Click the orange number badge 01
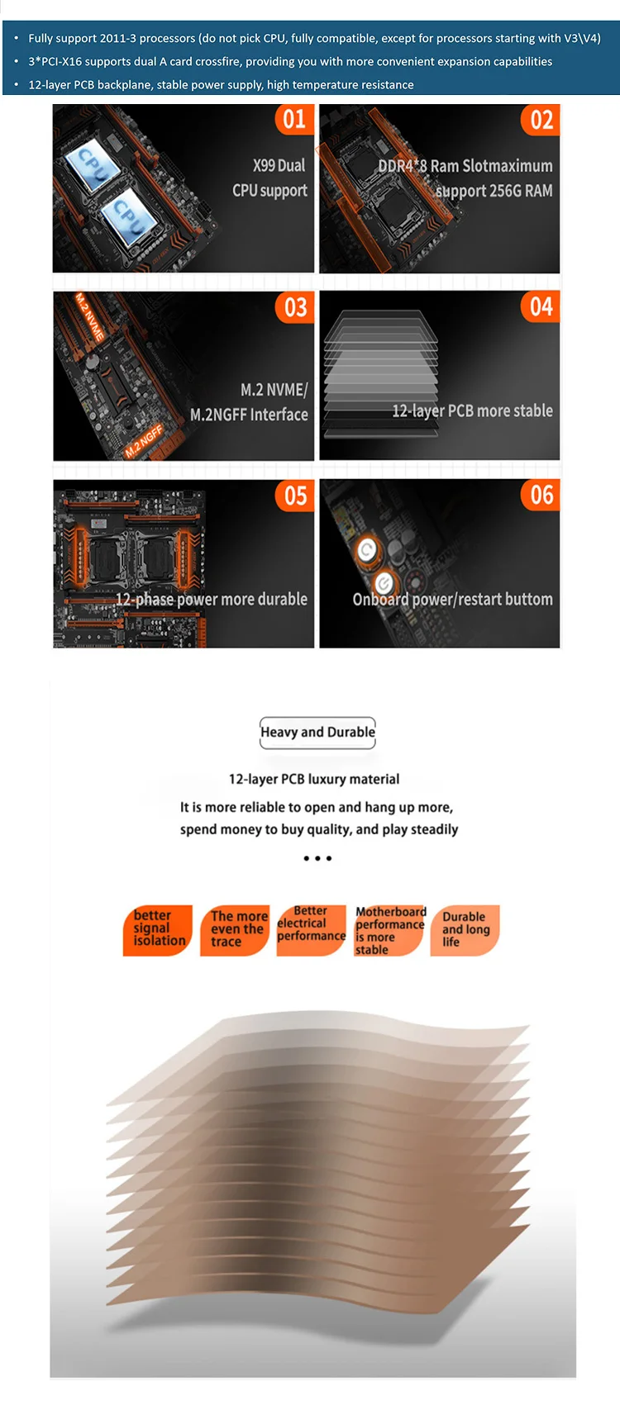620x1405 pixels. click(x=294, y=120)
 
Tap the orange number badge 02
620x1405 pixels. click(x=541, y=121)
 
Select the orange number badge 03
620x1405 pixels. click(x=295, y=308)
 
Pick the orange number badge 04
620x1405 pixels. click(x=541, y=307)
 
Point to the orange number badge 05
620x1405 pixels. click(x=295, y=496)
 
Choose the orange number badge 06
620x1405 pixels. click(x=541, y=496)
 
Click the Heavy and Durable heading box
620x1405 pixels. click(x=317, y=732)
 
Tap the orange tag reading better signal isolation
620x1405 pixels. click(x=158, y=929)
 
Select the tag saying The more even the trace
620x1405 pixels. click(x=236, y=929)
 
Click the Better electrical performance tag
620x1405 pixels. click(x=311, y=927)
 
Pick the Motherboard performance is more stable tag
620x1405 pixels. click(x=389, y=930)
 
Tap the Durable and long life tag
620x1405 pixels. click(x=465, y=929)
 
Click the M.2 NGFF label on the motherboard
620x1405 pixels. click(x=144, y=442)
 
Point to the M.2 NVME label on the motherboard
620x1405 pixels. click(x=89, y=317)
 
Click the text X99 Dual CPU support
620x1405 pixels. click(x=269, y=178)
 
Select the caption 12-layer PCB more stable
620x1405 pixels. click(x=472, y=411)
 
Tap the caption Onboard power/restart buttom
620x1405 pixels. click(x=452, y=599)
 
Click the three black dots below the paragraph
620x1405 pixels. click(x=317, y=858)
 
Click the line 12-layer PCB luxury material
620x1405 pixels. click(x=314, y=779)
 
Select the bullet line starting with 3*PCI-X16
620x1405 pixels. click(x=290, y=61)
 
